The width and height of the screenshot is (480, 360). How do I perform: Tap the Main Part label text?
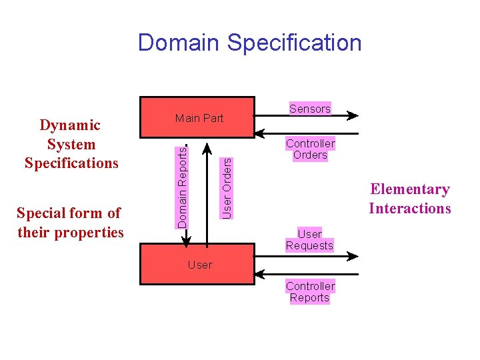tap(199, 119)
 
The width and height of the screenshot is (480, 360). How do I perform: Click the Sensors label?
tap(310, 109)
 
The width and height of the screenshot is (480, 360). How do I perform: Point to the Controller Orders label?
tap(310, 149)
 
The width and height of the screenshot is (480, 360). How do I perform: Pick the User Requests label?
tap(309, 240)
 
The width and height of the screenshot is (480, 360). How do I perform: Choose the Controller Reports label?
tap(310, 292)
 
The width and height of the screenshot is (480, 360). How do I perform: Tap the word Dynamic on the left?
tap(71, 125)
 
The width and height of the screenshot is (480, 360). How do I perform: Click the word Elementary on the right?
tap(410, 189)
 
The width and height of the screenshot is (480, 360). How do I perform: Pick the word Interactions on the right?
tap(410, 209)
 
